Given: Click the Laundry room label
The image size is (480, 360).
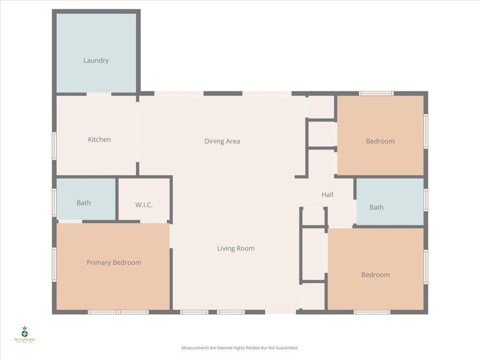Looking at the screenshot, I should [96, 60].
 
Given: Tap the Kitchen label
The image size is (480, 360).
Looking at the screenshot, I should [99, 140].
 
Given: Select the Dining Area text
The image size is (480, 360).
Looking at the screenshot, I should [222, 141].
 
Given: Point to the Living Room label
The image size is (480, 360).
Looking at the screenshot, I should [236, 248].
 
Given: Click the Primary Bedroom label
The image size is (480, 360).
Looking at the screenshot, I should [114, 262].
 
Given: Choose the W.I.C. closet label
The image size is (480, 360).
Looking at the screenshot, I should [144, 205].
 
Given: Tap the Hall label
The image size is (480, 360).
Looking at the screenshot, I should [327, 195].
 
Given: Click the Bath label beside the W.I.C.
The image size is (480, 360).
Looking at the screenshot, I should [84, 203].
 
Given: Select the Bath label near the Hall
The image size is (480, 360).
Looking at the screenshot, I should [376, 207].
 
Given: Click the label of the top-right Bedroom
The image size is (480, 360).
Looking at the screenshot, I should [380, 141].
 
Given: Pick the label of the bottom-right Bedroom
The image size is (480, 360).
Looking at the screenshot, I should [375, 275].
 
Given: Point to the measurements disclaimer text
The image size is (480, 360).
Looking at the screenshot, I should [240, 348].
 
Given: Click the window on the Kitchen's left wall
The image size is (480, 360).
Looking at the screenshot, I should [54, 145].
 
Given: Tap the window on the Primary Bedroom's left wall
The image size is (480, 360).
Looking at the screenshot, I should [54, 265].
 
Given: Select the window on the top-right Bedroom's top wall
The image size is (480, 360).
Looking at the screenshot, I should [376, 93].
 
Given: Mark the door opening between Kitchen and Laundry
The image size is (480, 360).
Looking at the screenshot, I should [99, 94].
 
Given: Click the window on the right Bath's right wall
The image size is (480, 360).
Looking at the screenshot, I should [426, 199].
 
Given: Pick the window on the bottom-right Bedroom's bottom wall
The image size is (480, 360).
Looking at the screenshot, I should [372, 312].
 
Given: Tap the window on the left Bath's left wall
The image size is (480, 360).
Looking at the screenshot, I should [54, 202].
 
